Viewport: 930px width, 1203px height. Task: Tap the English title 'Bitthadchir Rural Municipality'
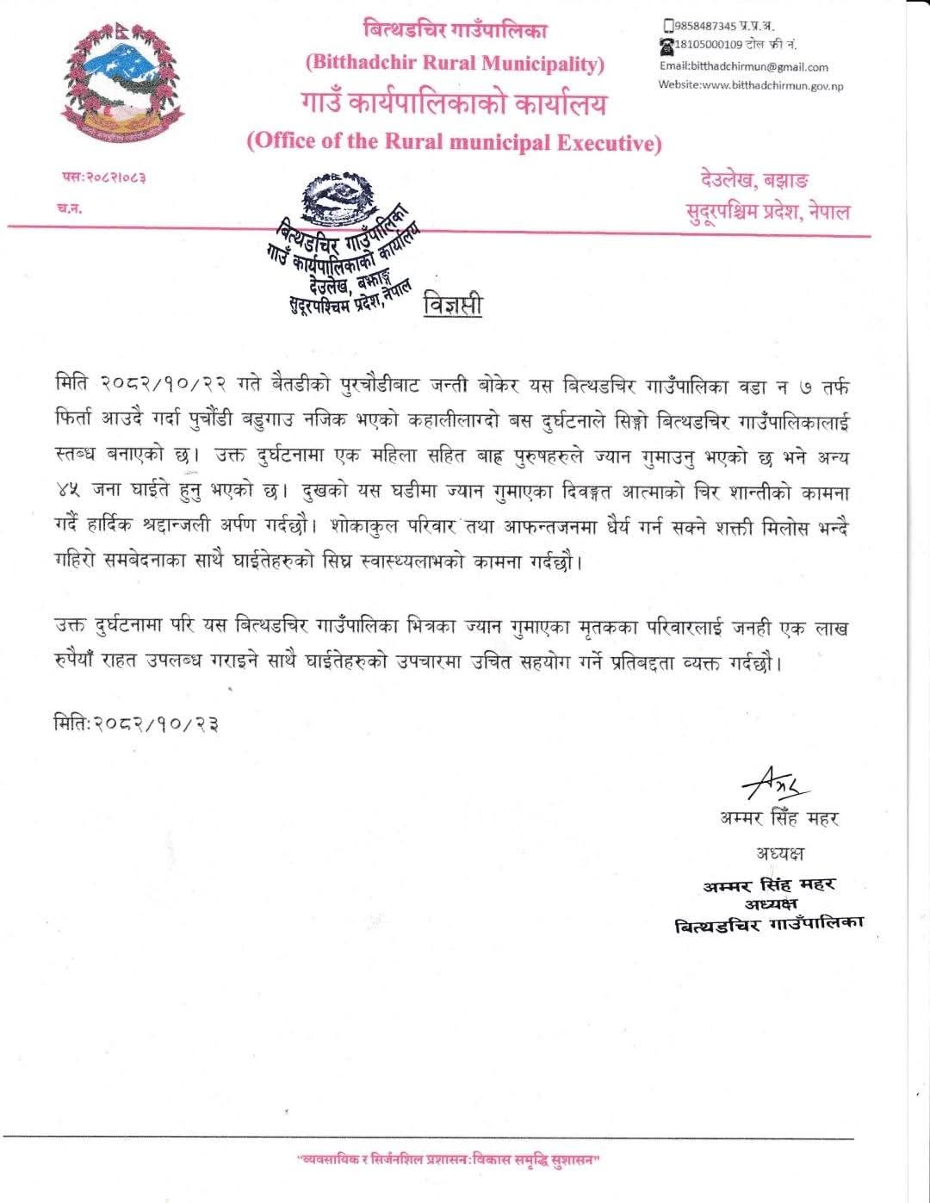point(456,63)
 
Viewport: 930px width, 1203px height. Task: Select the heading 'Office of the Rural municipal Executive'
point(454,142)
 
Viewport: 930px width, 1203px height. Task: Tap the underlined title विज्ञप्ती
point(453,306)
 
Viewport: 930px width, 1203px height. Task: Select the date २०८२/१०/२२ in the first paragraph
point(164,385)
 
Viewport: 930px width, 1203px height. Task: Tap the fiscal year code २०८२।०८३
point(103,177)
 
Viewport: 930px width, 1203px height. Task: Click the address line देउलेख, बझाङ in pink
point(754,181)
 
